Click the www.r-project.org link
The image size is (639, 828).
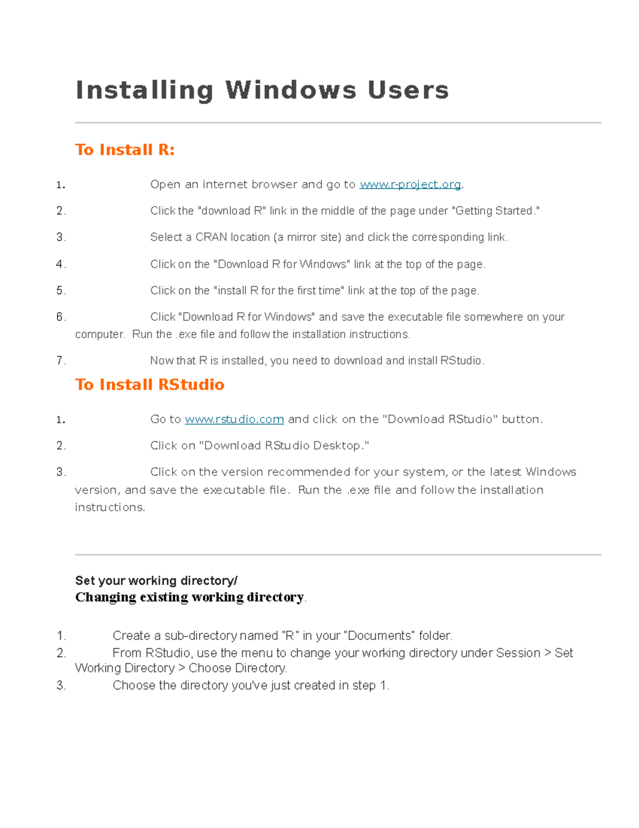point(410,184)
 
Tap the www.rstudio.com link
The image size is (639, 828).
point(234,420)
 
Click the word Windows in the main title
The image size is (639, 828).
point(291,90)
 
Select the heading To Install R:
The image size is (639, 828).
point(125,150)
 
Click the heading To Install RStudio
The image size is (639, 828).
point(150,384)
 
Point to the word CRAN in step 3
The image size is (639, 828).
point(211,237)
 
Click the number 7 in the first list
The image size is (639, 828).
point(60,361)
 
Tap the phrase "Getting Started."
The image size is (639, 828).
point(495,211)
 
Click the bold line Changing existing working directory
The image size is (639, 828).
point(189,597)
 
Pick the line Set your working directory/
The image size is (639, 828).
point(156,581)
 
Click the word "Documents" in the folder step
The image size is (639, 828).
point(380,636)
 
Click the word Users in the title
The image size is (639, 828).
point(408,90)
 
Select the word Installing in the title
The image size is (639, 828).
point(145,90)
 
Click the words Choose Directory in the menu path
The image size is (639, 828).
point(237,668)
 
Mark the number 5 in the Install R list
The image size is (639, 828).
point(60,291)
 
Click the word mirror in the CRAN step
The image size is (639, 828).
point(301,237)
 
